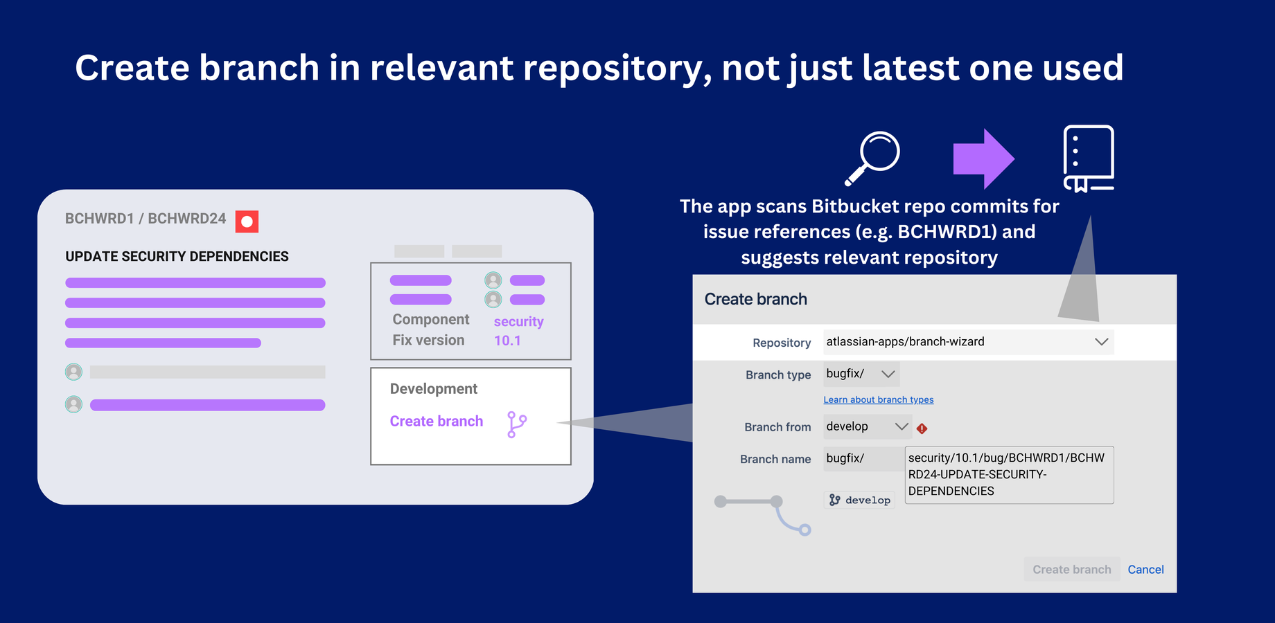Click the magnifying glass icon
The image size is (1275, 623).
coord(872,158)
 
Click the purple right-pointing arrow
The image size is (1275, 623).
coord(984,159)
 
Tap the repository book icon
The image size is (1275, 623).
coord(1089,159)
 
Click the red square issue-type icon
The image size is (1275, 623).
coord(247,222)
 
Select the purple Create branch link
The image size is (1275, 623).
coord(437,421)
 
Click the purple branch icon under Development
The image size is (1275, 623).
coord(517,424)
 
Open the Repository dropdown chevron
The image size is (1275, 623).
coord(1102,341)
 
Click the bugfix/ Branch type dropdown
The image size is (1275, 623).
coord(861,374)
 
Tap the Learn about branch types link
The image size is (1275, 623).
coord(879,399)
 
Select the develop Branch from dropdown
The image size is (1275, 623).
coord(868,426)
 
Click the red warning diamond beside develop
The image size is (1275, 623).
coord(922,428)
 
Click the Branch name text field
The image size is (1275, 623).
coord(1009,475)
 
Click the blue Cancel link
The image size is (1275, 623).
coord(1145,569)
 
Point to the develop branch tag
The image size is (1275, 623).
coord(859,500)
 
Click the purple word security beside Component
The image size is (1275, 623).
coord(518,322)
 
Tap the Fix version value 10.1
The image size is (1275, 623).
coord(507,341)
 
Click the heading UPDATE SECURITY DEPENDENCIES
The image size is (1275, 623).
coord(177,256)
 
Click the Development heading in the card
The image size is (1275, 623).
coord(434,389)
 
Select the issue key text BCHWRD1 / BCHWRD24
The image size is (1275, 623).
coord(146,219)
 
